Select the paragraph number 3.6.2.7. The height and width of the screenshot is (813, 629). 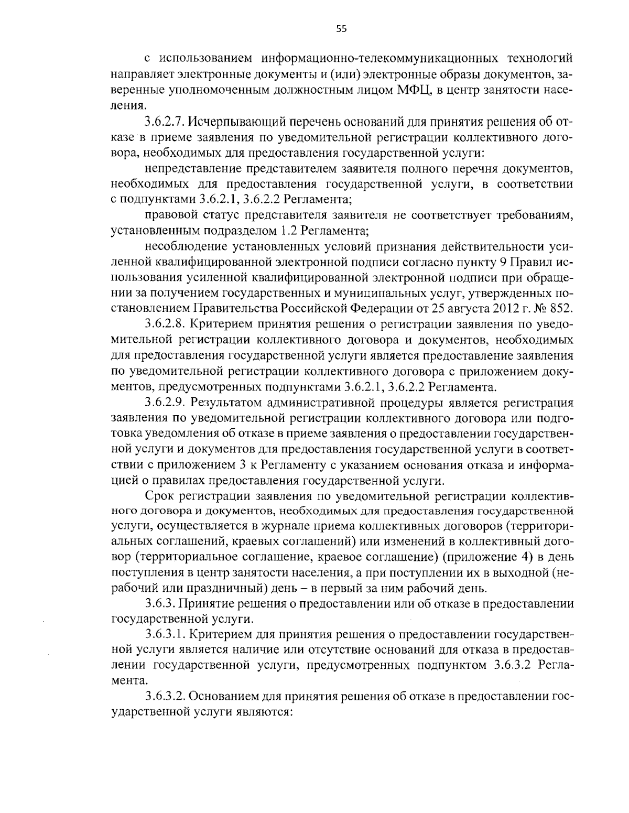tap(165, 123)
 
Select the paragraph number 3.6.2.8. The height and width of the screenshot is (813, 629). tap(165, 323)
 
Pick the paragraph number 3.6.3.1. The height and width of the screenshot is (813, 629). tap(165, 635)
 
